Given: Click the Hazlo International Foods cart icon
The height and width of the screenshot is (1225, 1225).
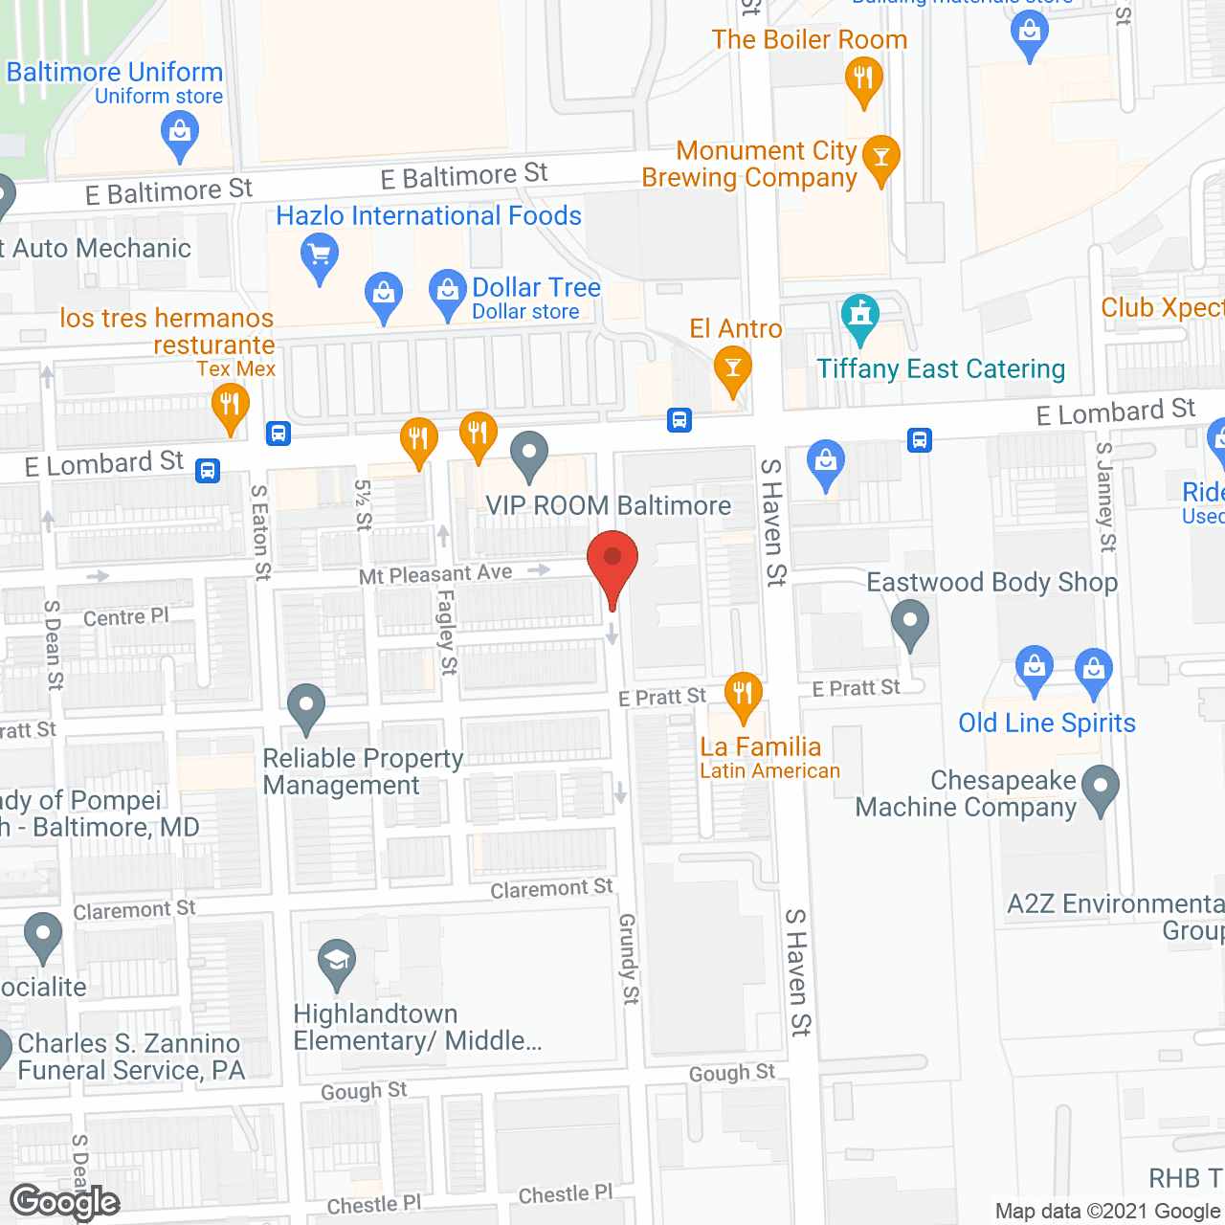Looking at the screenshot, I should click(320, 257).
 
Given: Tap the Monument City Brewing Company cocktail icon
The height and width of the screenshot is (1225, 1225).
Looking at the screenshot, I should click(881, 158).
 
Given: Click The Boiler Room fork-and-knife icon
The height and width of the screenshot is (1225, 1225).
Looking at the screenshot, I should click(863, 78).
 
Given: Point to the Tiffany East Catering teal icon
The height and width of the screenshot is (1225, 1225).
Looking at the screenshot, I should click(859, 317).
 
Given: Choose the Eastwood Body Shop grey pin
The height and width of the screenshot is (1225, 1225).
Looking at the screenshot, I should click(910, 622).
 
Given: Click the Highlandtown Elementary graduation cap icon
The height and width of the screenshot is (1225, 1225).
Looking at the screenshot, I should click(337, 963).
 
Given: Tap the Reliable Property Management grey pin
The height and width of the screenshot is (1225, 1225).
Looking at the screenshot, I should click(306, 707).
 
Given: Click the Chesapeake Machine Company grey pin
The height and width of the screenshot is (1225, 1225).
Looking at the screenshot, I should click(1101, 789).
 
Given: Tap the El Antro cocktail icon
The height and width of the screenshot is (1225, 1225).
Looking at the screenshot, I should click(733, 369).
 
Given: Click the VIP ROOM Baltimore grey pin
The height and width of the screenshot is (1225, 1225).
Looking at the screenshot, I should click(529, 455).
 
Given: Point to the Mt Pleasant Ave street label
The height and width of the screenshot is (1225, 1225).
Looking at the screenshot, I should click(435, 574).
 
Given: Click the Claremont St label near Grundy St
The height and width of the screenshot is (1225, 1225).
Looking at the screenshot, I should click(551, 889).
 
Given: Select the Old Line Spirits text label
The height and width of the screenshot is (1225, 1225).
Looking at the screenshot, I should click(1047, 724).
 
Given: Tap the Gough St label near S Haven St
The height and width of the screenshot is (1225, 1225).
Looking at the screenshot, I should click(732, 1073).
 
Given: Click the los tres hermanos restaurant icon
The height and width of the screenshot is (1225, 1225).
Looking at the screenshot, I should click(230, 406).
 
